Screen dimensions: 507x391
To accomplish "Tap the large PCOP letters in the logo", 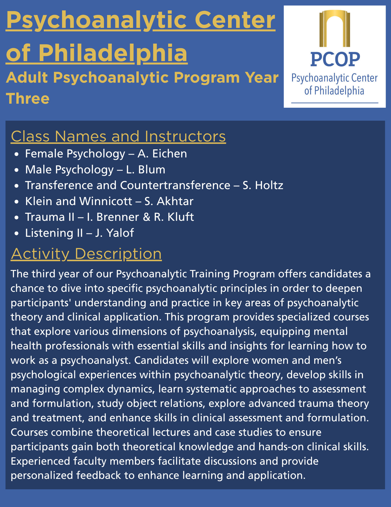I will click(335, 59).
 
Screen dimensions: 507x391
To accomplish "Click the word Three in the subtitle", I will click(28, 98).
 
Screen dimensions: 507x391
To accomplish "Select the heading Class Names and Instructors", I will click(118, 136).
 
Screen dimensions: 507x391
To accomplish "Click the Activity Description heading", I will click(86, 253).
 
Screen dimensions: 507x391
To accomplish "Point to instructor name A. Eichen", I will click(162, 154).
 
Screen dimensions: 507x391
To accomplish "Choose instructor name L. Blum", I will click(146, 170).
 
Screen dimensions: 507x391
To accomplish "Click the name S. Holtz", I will click(263, 185).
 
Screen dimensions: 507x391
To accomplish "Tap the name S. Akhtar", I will click(169, 201).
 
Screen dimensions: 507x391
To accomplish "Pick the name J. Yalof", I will click(114, 233).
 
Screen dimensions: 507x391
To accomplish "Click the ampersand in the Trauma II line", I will click(147, 217).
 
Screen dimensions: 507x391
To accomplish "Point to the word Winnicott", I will click(106, 201).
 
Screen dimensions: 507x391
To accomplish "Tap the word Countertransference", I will click(175, 185).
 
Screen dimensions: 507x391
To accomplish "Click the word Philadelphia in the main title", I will click(113, 53).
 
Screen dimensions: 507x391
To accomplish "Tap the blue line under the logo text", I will click(335, 103).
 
